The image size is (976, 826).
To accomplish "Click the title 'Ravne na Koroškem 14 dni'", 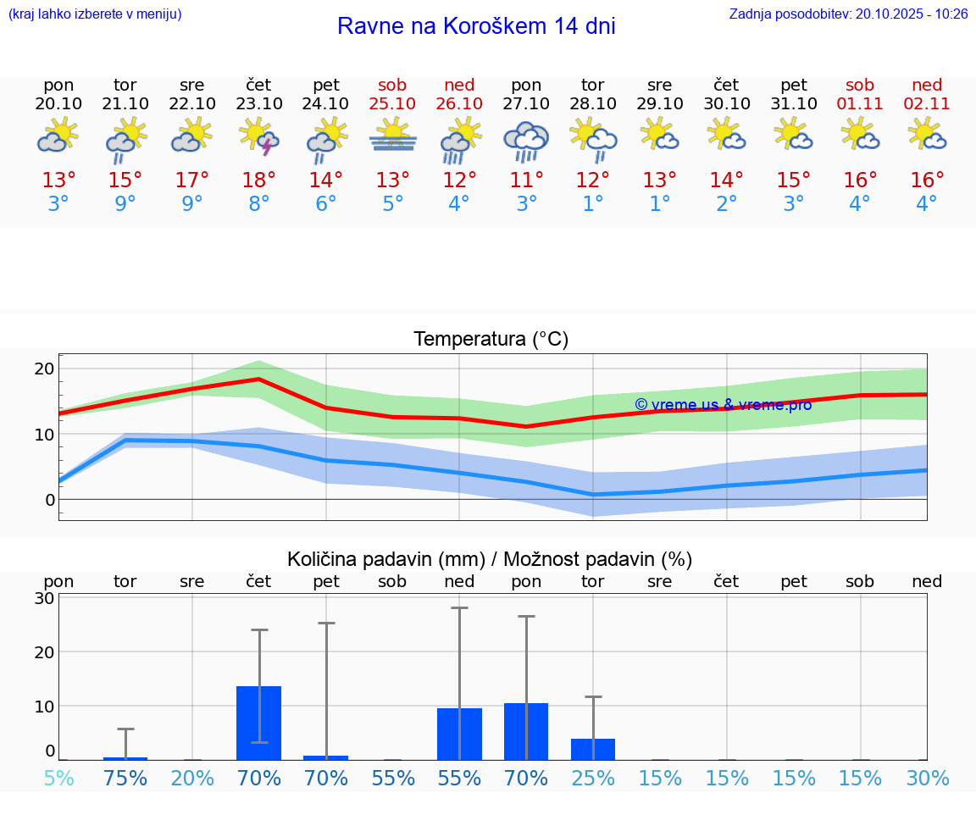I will [x=476, y=26].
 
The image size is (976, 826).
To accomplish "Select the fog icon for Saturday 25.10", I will [x=392, y=136].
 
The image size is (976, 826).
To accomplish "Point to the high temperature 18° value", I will [x=259, y=180].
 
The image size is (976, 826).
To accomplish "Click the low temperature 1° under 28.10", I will [x=593, y=204].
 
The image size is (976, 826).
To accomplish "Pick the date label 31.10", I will [x=794, y=103].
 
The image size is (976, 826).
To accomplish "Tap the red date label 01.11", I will [x=860, y=103].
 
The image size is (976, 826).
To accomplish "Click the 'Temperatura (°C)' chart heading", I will [x=491, y=340].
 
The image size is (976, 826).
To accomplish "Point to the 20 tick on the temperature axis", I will [x=44, y=369].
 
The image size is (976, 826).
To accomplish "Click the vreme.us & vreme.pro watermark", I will [x=723, y=405].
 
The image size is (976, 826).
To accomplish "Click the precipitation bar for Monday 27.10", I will [x=526, y=731].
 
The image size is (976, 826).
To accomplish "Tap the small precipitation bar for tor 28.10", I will [x=593, y=749].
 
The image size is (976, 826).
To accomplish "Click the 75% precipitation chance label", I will [x=125, y=778].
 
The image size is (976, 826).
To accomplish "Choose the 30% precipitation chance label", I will [x=927, y=778].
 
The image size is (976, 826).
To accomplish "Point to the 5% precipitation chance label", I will [x=58, y=778].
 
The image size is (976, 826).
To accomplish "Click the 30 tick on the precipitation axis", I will [x=44, y=598].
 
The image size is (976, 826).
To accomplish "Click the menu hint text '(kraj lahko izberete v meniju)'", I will [x=95, y=14].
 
